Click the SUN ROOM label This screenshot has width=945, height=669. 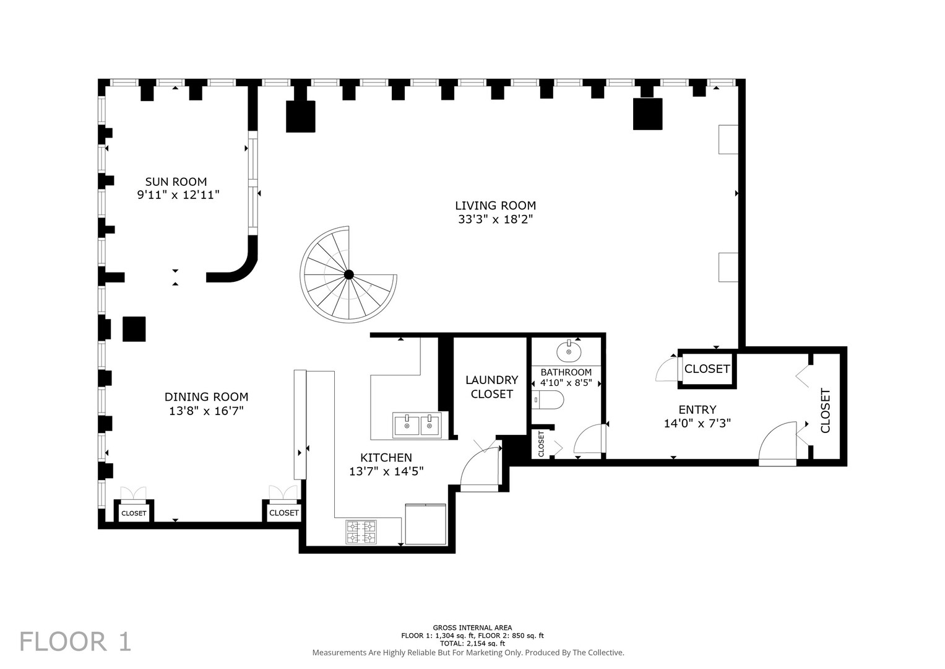[176, 181]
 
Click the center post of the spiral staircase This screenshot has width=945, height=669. [348, 274]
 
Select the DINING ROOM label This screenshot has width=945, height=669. [206, 397]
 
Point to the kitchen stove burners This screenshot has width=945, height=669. [361, 531]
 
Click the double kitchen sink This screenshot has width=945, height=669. [416, 426]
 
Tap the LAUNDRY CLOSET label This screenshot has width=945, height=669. [491, 387]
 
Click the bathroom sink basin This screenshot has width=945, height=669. [568, 352]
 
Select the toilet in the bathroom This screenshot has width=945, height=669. [548, 400]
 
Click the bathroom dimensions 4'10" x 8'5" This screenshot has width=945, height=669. [566, 383]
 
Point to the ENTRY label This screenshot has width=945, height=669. [697, 409]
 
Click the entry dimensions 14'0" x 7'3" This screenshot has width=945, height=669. [697, 424]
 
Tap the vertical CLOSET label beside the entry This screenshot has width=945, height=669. [825, 410]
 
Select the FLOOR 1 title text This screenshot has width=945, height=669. [76, 641]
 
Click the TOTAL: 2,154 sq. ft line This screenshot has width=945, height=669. [472, 644]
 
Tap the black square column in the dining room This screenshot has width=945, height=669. [134, 329]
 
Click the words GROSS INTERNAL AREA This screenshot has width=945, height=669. [472, 627]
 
